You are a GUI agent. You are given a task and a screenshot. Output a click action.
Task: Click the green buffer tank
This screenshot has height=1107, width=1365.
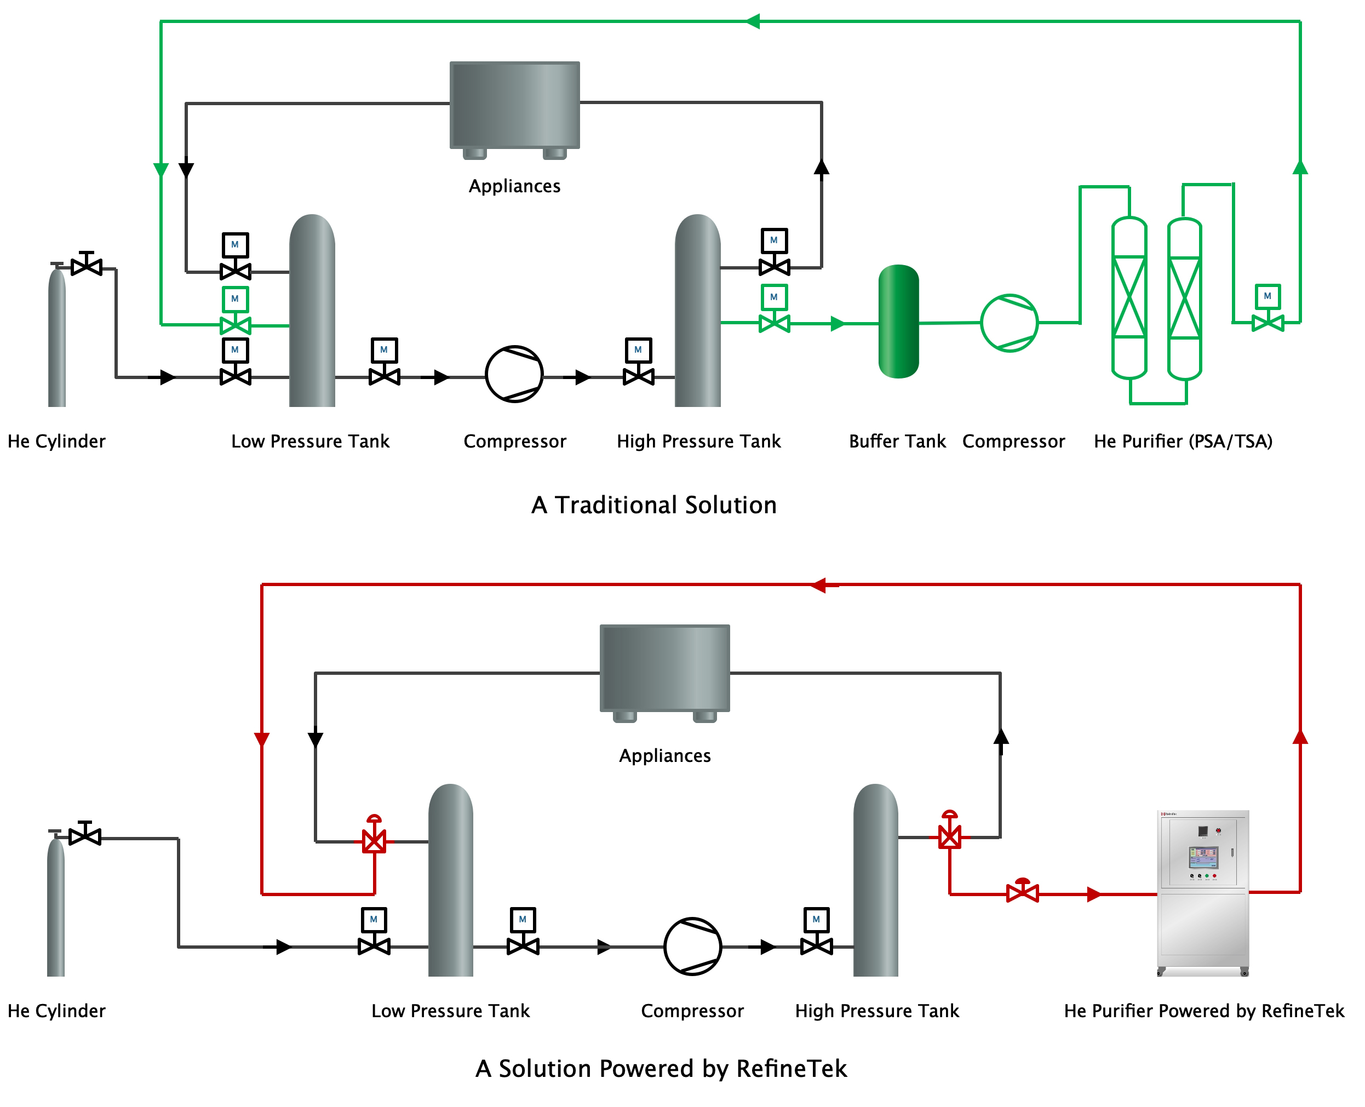pyautogui.click(x=898, y=322)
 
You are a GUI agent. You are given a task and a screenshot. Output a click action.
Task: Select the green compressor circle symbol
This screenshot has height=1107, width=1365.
pyautogui.click(x=1008, y=323)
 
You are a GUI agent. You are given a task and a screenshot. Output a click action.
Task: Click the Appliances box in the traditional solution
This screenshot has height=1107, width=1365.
pyautogui.click(x=514, y=105)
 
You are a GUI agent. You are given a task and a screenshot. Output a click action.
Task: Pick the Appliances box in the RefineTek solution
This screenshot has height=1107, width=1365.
pyautogui.click(x=664, y=668)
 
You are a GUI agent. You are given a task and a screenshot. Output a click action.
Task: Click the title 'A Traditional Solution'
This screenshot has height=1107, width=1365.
pyautogui.click(x=653, y=505)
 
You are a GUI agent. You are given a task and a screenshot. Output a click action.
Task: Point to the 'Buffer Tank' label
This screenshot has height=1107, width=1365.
pyautogui.click(x=897, y=441)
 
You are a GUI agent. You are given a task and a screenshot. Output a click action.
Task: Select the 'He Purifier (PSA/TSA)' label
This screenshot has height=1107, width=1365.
pyautogui.click(x=1183, y=441)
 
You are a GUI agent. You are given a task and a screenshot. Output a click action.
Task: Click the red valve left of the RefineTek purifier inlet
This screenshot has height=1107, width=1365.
pyautogui.click(x=1022, y=892)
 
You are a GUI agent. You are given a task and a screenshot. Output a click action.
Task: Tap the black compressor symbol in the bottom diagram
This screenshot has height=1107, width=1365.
pyautogui.click(x=692, y=947)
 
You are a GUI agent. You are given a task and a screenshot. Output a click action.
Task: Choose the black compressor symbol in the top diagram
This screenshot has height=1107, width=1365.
pyautogui.click(x=514, y=374)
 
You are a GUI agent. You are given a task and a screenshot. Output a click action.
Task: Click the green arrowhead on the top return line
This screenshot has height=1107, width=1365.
pyautogui.click(x=753, y=22)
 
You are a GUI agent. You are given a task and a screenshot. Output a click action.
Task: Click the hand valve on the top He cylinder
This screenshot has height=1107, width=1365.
pyautogui.click(x=87, y=265)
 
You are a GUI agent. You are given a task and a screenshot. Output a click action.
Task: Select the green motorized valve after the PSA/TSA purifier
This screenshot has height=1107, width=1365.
pyautogui.click(x=1267, y=322)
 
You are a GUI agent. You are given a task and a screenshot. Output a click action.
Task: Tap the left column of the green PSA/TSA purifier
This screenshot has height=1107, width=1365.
pyautogui.click(x=1129, y=297)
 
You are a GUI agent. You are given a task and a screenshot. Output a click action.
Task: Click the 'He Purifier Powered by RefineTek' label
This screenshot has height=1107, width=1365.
pyautogui.click(x=1204, y=1011)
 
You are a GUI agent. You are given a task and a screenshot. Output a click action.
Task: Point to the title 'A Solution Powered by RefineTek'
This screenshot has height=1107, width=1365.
pyautogui.click(x=661, y=1069)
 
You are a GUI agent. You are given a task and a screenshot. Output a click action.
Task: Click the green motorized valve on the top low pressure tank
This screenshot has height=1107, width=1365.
pyautogui.click(x=235, y=325)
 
